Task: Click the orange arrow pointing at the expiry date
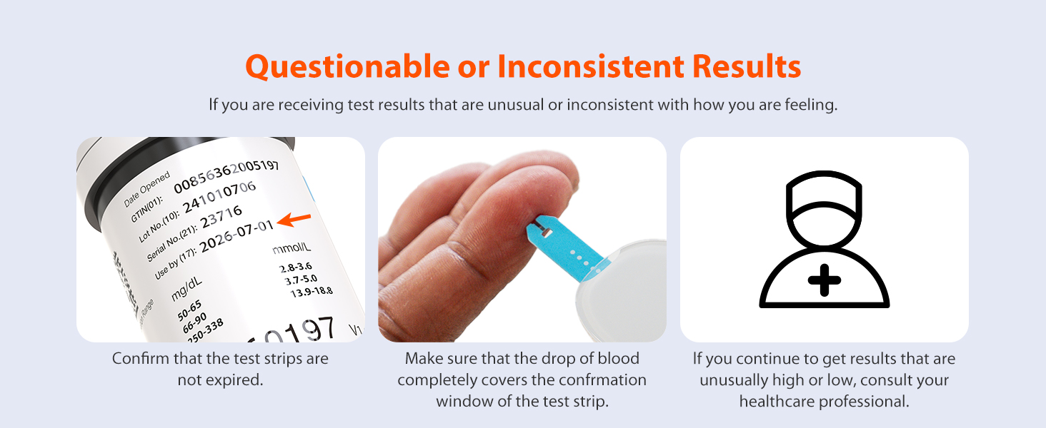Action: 295,220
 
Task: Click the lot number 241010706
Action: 219,197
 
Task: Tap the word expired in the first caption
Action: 234,380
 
